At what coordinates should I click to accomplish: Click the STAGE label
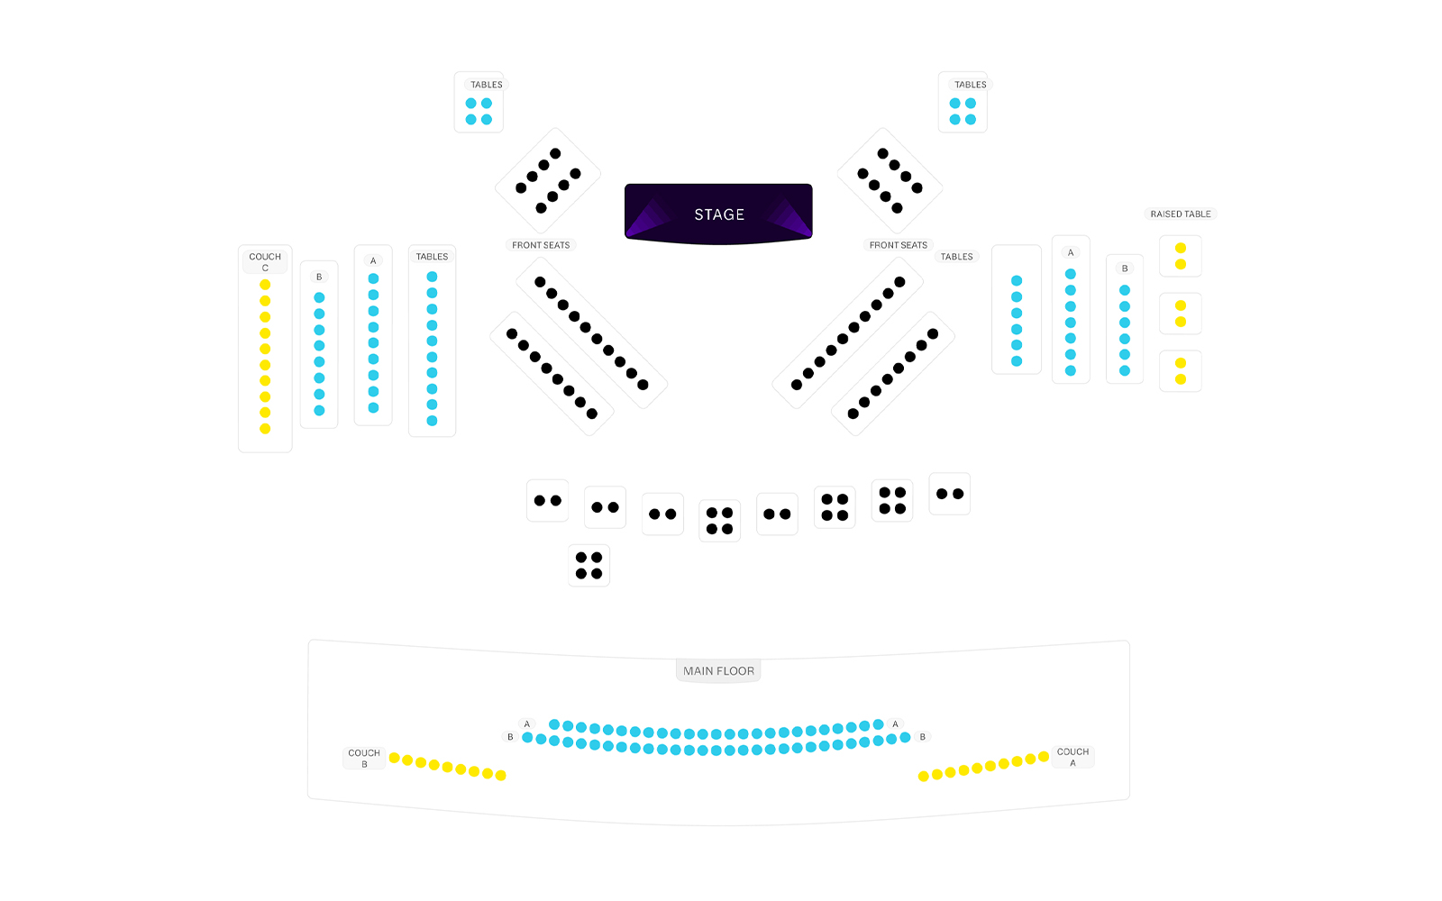[719, 214]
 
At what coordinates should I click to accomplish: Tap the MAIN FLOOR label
[718, 670]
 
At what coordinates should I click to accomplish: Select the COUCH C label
[265, 261]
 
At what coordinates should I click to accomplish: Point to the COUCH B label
[364, 758]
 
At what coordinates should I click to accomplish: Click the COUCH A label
[1072, 757]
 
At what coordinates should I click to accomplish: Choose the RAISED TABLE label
[1181, 214]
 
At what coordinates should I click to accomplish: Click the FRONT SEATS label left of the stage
[541, 245]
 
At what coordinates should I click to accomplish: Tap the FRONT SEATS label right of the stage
[898, 245]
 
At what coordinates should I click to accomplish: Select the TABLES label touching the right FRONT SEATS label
[956, 257]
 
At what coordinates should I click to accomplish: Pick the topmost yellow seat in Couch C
[265, 285]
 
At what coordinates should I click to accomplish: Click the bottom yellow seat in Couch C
[265, 429]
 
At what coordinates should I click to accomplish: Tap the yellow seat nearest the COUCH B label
[394, 758]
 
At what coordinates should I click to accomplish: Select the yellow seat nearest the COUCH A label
[1044, 757]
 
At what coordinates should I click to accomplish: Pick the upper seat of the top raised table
[1181, 248]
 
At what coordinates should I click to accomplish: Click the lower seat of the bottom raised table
[1181, 379]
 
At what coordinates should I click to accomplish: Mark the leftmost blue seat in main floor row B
[527, 737]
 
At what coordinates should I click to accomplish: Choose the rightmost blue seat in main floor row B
[905, 737]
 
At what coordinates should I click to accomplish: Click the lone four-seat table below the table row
[589, 566]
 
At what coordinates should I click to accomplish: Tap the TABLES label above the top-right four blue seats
[971, 85]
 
